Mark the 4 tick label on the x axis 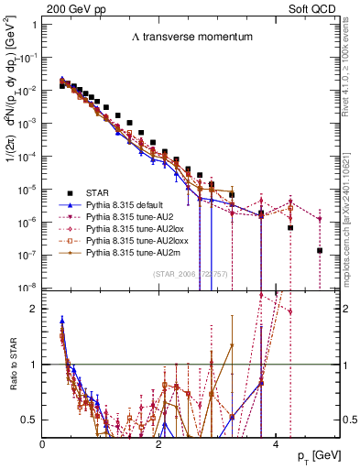275,443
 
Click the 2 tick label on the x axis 159,443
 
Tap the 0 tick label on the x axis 43,443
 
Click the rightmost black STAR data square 320,250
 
